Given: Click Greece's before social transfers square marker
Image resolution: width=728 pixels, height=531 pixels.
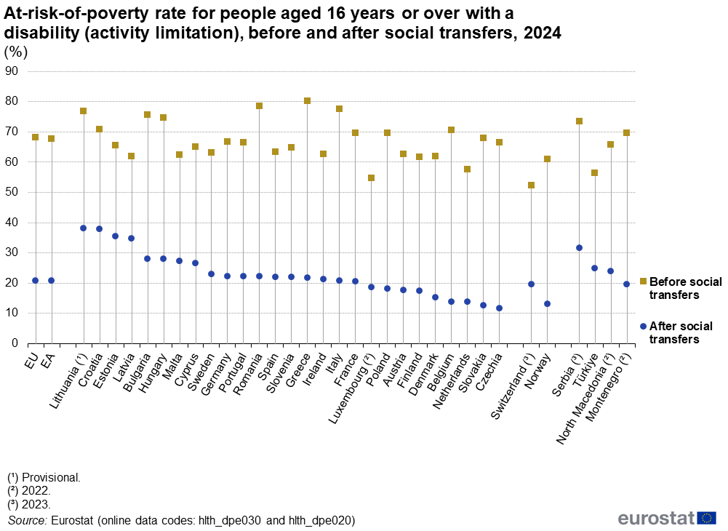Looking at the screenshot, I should click(307, 101).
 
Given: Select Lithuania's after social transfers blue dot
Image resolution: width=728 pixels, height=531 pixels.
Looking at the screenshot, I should click(83, 228).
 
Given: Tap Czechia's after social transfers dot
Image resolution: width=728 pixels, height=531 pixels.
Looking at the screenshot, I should click(499, 308).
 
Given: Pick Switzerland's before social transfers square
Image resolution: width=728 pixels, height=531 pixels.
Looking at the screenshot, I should click(531, 185).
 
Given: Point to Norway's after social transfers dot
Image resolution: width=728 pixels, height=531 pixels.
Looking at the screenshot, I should click(547, 303).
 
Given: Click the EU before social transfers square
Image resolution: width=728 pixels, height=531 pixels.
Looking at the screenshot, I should click(35, 137).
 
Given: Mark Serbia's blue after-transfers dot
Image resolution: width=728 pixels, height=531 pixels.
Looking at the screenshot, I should click(579, 247).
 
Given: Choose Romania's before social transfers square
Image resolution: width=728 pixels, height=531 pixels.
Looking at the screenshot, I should click(259, 105).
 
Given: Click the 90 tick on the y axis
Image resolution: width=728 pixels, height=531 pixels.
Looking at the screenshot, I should click(12, 71).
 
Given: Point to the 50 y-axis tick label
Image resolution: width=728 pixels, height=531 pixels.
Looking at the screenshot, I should click(12, 192).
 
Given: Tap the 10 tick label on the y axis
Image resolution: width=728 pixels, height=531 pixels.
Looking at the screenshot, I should click(12, 313).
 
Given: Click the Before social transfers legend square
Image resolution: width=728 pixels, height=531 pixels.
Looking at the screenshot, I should click(643, 282).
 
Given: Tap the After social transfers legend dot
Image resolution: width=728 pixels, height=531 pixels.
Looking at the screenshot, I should click(643, 327).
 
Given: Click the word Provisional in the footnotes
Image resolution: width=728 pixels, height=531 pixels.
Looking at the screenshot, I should click(51, 478).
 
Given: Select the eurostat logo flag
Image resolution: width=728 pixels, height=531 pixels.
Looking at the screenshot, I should click(706, 518).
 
